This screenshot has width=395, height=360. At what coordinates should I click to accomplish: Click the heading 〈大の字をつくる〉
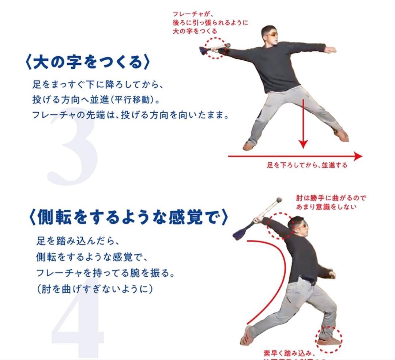pos(88,62)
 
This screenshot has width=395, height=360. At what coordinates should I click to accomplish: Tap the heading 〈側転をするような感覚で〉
pos(128,216)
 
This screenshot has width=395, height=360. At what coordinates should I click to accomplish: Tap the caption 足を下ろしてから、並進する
pos(307,165)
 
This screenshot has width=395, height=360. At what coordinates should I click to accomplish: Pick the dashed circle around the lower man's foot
pos(329,340)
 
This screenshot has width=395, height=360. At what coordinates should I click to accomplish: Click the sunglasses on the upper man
pos(272,34)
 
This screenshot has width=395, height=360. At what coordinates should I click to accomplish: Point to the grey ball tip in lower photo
pos(279,200)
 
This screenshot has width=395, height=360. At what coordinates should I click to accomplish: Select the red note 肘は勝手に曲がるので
pos(331,198)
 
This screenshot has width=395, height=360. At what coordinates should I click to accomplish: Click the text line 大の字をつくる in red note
pos(195,31)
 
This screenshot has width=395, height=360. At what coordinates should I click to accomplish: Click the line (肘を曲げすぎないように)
pos(94,289)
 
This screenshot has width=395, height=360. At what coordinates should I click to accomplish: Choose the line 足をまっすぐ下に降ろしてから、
pos(97,85)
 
